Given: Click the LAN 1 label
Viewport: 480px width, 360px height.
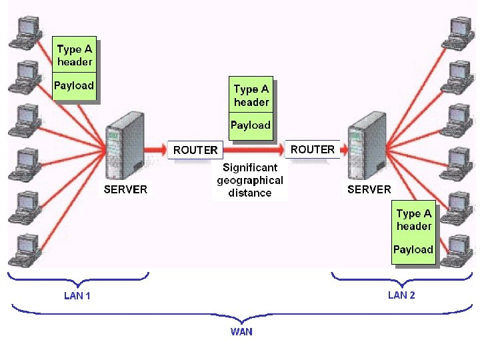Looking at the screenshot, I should pyautogui.click(x=77, y=295).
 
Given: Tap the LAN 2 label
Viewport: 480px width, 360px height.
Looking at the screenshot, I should pyautogui.click(x=401, y=295).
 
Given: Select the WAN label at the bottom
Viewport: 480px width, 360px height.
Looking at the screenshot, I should pyautogui.click(x=241, y=331).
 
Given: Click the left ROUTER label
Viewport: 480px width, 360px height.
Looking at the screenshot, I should pyautogui.click(x=195, y=150).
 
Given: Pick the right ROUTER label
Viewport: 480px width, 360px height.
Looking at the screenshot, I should pyautogui.click(x=312, y=149).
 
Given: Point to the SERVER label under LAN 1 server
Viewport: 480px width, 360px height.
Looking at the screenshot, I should pyautogui.click(x=125, y=189).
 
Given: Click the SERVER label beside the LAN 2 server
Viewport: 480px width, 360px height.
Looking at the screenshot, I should pyautogui.click(x=369, y=189).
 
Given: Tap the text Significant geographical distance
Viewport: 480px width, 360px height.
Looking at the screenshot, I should pyautogui.click(x=249, y=180).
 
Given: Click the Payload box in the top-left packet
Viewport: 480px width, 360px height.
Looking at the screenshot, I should pyautogui.click(x=74, y=85).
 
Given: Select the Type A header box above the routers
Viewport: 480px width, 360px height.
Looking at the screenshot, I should pyautogui.click(x=251, y=95).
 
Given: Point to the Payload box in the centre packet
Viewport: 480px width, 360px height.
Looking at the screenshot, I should pyautogui.click(x=251, y=125).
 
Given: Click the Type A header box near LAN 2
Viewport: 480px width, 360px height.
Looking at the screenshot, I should pyautogui.click(x=413, y=220).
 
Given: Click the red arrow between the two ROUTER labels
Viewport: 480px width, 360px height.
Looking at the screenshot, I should pyautogui.click(x=254, y=150).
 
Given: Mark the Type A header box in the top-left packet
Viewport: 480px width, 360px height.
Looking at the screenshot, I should pyautogui.click(x=74, y=55).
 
